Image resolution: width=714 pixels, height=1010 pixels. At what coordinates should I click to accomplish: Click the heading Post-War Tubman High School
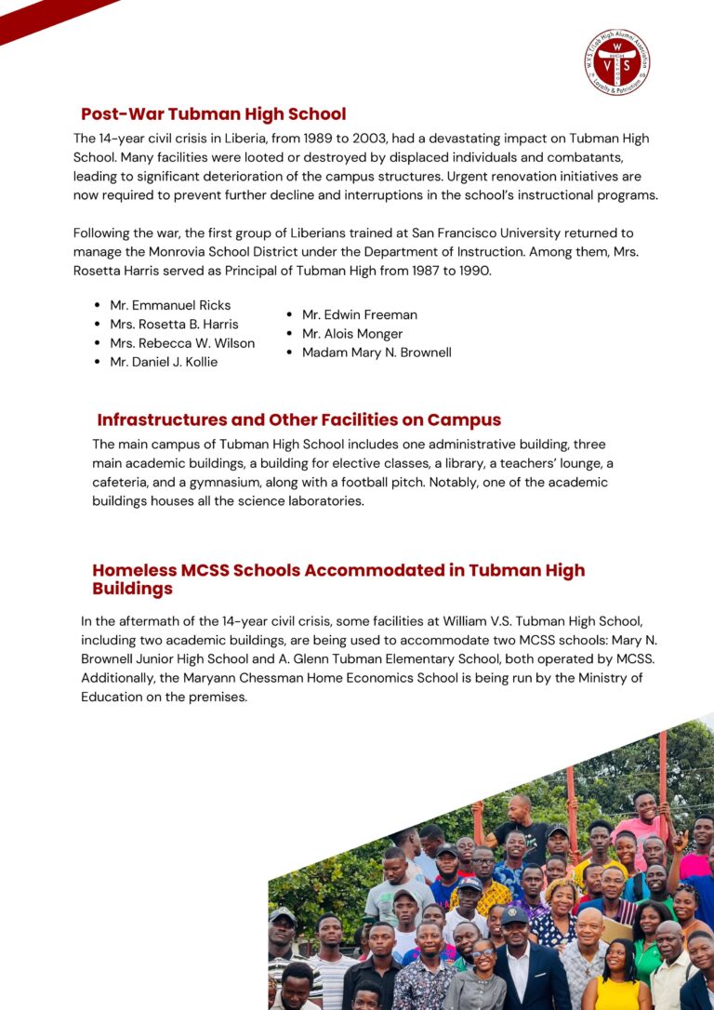[x=213, y=114]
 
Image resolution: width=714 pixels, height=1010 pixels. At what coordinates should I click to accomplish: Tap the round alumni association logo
[x=617, y=62]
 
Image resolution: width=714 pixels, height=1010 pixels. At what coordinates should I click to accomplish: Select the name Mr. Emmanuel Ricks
[x=170, y=305]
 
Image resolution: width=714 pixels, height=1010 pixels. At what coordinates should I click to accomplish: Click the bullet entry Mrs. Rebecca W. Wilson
[x=182, y=343]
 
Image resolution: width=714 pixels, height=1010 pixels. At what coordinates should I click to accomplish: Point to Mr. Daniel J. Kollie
[x=164, y=362]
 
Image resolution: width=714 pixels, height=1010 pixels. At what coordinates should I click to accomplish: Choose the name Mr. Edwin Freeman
[x=360, y=314]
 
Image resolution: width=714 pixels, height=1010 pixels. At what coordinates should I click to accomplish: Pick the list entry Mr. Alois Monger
[x=352, y=334]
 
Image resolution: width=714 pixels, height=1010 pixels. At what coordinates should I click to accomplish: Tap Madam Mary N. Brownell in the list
[x=377, y=352]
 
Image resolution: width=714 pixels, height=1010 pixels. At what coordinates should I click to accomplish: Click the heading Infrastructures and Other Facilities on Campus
[x=298, y=419]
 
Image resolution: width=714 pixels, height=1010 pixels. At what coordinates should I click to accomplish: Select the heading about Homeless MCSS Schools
[x=338, y=578]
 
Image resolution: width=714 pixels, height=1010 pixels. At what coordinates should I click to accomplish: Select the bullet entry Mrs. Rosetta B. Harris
[x=174, y=324]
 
